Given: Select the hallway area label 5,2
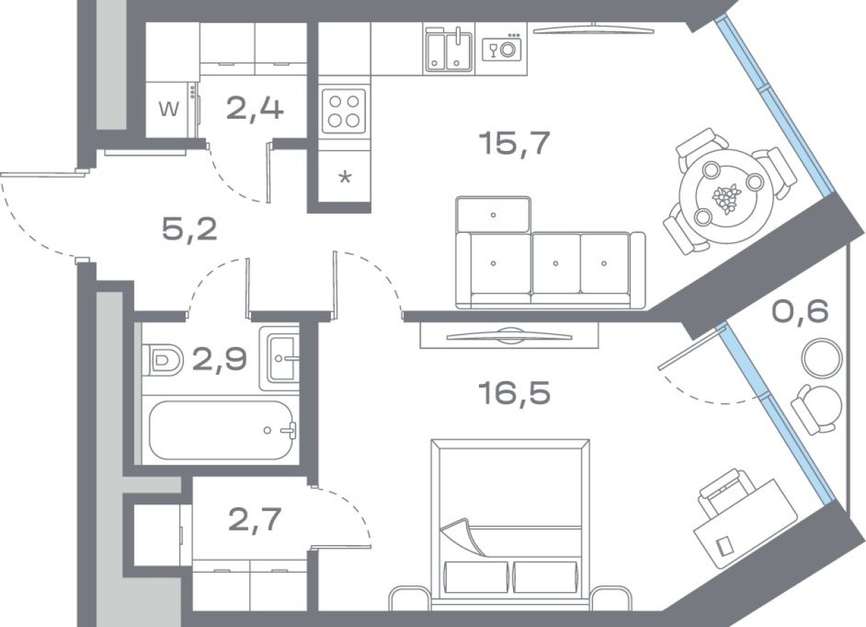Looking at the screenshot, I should (189, 229).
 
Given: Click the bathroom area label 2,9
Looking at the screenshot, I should (219, 360).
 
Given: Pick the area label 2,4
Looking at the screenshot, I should (254, 109).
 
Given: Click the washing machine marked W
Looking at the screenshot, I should (169, 110).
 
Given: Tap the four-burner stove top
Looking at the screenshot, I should (344, 111).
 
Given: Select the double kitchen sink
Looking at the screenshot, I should (448, 50).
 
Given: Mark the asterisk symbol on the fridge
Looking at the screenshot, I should (344, 178).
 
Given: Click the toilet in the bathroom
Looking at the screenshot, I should (162, 361).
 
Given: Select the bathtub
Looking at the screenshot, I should (221, 430).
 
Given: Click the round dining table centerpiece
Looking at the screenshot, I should (727, 197).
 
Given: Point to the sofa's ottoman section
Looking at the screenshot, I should (493, 214).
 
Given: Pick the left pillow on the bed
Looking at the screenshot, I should (476, 577).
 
